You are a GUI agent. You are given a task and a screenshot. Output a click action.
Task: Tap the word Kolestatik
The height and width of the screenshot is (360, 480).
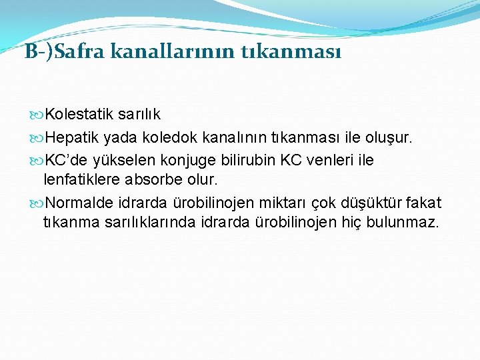click(x=79, y=115)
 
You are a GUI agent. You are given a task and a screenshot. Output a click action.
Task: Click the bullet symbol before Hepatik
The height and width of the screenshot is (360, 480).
click(x=38, y=138)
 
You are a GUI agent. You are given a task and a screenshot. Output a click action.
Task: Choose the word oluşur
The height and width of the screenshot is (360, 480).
click(x=390, y=137)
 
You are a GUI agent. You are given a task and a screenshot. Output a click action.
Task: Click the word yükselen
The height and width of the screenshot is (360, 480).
click(x=120, y=161)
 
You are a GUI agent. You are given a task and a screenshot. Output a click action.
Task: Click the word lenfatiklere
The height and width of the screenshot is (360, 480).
click(x=83, y=179)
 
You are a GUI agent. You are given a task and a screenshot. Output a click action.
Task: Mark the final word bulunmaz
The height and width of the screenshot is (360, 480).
click(x=399, y=221)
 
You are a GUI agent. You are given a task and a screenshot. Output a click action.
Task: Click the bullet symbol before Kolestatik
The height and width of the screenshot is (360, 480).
click(x=38, y=115)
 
